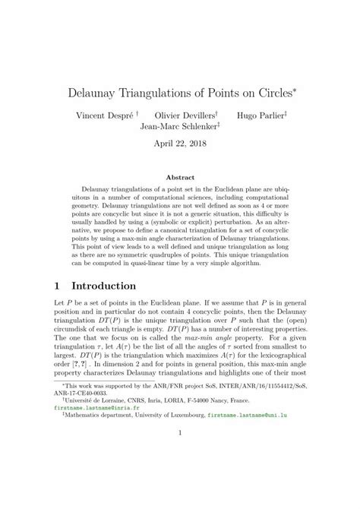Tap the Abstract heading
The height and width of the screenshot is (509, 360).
[x=180, y=176]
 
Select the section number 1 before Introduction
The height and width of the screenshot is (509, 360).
[x=57, y=286]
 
